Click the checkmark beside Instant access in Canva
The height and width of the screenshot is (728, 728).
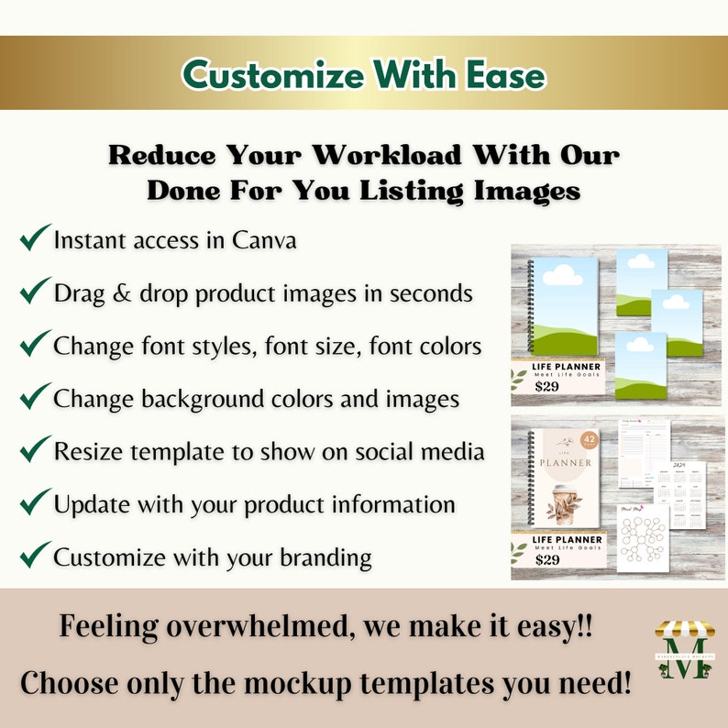point(34,239)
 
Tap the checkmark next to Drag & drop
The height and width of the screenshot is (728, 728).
point(34,292)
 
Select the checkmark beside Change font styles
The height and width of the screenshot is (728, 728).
point(34,345)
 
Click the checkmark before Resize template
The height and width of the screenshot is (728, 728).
point(34,450)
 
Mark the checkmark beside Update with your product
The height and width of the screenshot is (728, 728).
point(34,502)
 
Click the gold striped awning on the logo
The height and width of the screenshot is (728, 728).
point(683,632)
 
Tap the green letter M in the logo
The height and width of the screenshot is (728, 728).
point(683,663)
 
